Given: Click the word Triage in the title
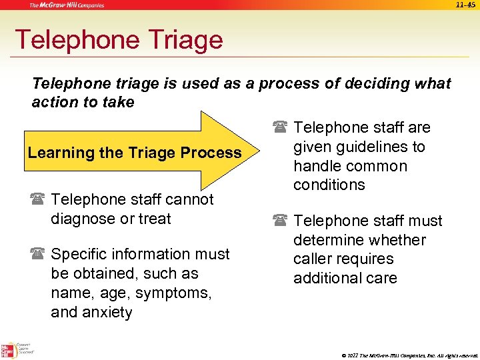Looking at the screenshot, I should (x=179, y=40).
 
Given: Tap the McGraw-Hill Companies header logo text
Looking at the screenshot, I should (x=66, y=5).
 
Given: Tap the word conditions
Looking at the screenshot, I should (x=329, y=185).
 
